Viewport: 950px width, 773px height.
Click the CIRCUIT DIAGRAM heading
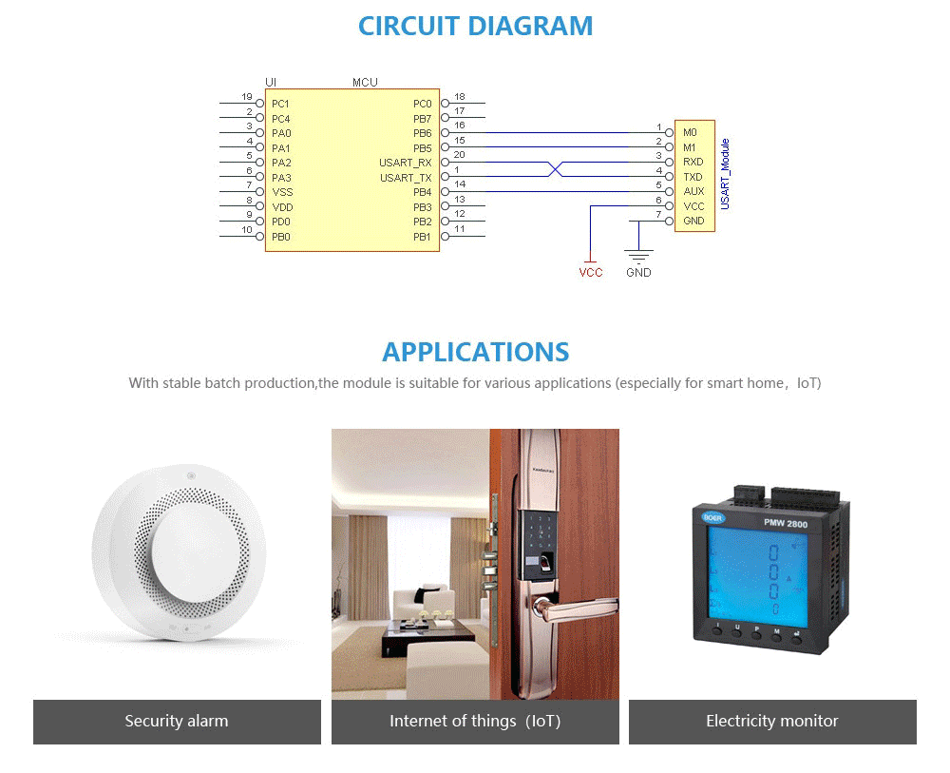pos(475,26)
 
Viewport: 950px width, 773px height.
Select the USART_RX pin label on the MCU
pos(406,164)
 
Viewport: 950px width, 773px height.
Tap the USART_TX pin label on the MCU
pos(406,178)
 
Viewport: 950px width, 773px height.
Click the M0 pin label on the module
pos(690,132)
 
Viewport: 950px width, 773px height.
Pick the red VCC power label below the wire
pos(591,273)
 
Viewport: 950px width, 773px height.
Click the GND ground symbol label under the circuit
pos(638,273)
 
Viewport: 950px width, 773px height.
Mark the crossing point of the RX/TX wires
pos(557,170)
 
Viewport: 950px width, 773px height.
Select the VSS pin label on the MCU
pos(281,192)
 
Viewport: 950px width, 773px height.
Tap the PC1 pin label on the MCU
pos(280,104)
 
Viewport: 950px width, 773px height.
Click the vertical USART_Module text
pos(725,174)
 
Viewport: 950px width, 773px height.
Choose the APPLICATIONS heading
pos(475,352)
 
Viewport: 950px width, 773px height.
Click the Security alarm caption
pos(177,722)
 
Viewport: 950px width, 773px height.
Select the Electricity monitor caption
pos(772,722)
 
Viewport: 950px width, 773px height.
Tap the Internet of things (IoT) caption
pos(475,722)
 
